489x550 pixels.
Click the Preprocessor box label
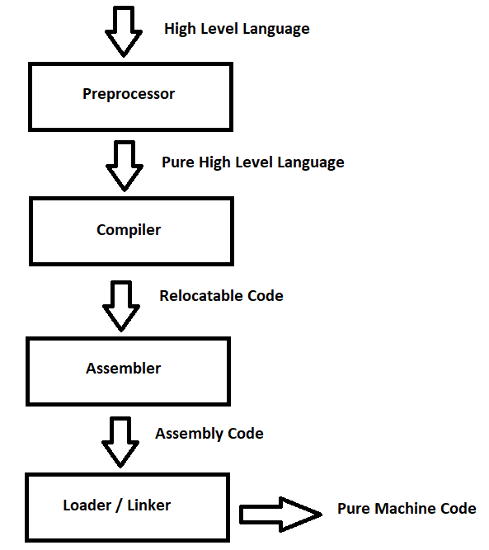129,94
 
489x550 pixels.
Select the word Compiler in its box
129,230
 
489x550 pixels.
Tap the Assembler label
123,369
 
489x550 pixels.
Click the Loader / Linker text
116,505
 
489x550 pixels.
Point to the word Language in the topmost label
275,29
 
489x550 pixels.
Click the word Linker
149,505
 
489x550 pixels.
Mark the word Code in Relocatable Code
266,295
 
